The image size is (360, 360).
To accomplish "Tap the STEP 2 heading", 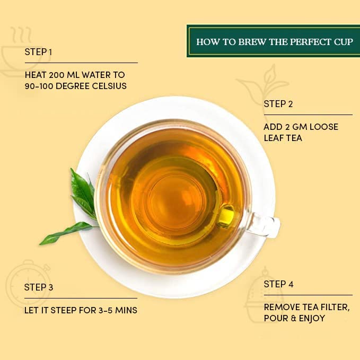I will coord(278,104).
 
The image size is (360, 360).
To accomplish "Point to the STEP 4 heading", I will coord(278,284).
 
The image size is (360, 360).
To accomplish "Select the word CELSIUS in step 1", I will coord(109,86).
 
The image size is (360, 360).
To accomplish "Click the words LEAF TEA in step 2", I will coord(283,138).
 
